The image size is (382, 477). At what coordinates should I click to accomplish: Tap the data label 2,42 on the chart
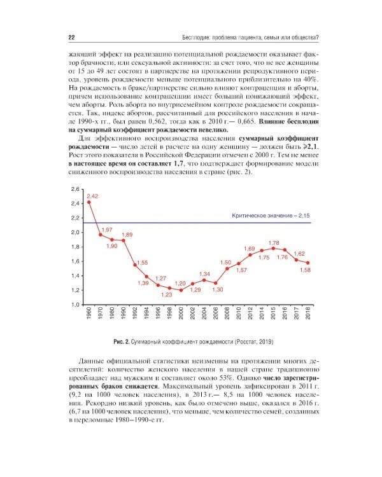click(x=92, y=196)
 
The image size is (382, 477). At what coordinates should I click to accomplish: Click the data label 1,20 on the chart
click(x=180, y=283)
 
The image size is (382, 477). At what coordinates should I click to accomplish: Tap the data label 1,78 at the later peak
click(x=274, y=242)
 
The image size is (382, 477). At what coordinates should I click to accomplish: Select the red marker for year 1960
click(x=89, y=202)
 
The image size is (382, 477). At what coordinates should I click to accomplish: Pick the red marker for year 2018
click(x=308, y=263)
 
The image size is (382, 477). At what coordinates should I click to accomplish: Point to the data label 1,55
click(x=142, y=263)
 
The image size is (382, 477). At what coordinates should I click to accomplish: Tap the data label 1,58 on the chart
click(x=305, y=270)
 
